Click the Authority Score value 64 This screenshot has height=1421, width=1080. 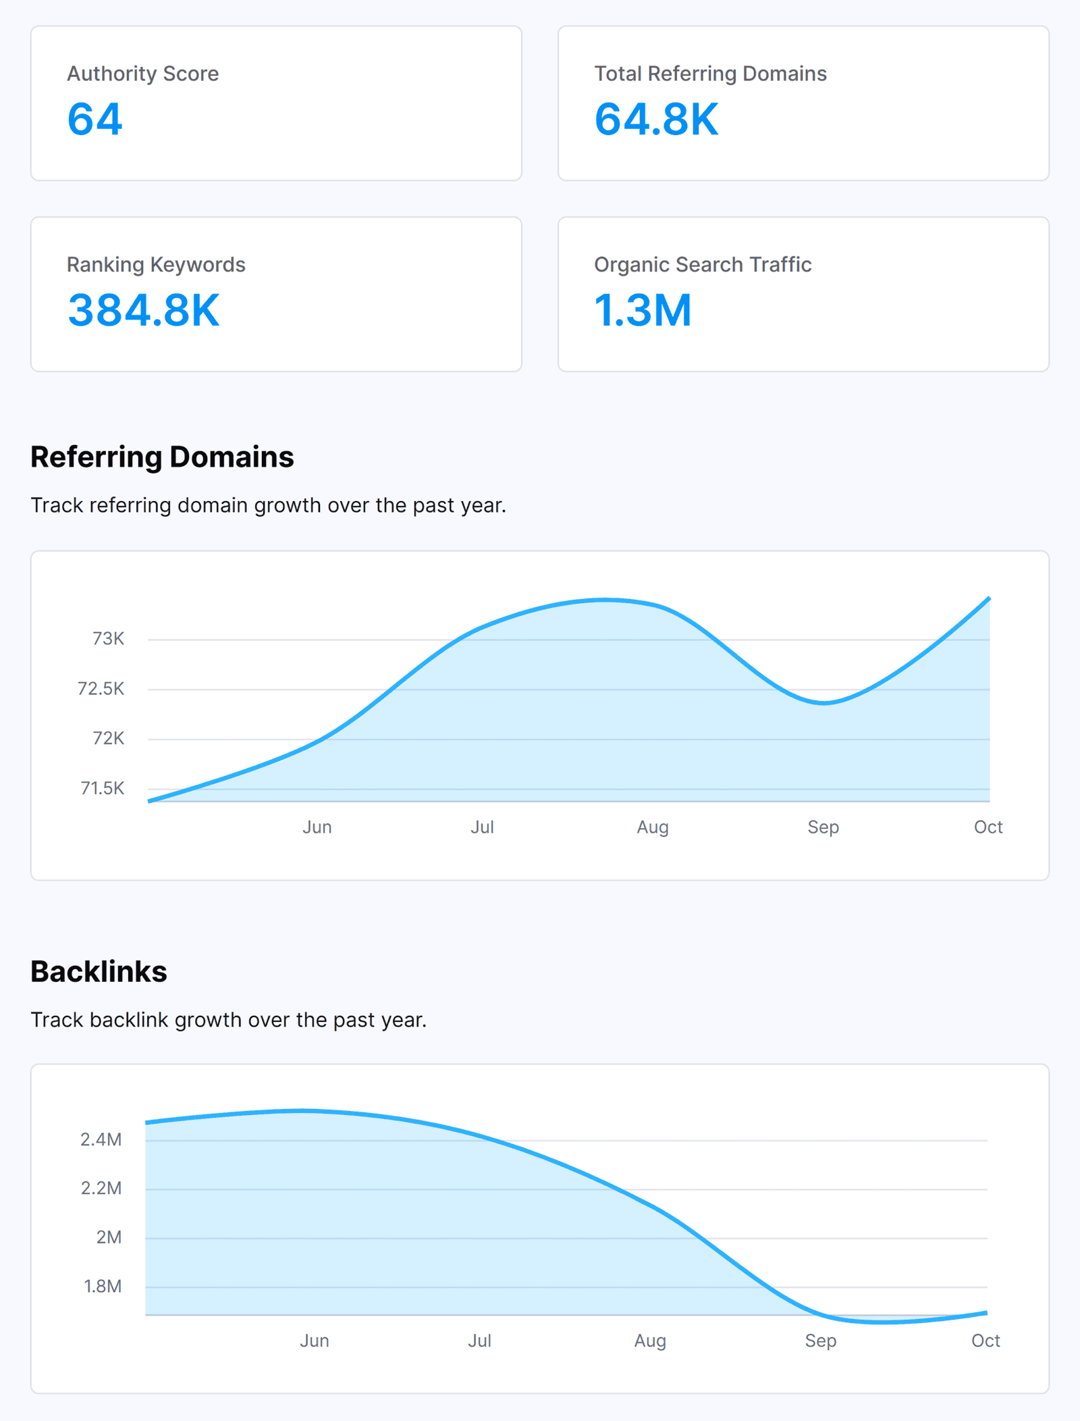[94, 120]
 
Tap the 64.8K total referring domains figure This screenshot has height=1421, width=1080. [656, 120]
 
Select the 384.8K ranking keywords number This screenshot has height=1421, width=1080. [144, 311]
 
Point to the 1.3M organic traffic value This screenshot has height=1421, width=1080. [643, 311]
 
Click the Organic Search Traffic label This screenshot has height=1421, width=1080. [702, 265]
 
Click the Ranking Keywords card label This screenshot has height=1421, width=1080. [156, 265]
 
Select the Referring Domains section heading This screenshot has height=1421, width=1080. [162, 457]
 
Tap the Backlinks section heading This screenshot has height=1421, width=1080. [99, 972]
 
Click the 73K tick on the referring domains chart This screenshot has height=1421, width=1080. [108, 639]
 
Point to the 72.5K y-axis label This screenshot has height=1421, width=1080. [101, 689]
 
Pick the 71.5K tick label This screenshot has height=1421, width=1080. [102, 788]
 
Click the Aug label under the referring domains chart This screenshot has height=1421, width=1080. [652, 827]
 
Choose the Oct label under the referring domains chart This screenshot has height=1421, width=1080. [988, 827]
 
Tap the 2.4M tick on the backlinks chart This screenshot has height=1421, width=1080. [101, 1140]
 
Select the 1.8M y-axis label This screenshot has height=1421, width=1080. [103, 1287]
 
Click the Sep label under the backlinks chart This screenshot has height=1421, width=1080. [820, 1341]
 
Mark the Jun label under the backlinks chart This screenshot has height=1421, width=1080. [314, 1341]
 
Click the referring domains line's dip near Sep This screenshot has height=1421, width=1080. [823, 703]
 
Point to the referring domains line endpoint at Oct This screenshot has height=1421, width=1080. [989, 598]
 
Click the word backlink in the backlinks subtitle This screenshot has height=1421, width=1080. [128, 1020]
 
